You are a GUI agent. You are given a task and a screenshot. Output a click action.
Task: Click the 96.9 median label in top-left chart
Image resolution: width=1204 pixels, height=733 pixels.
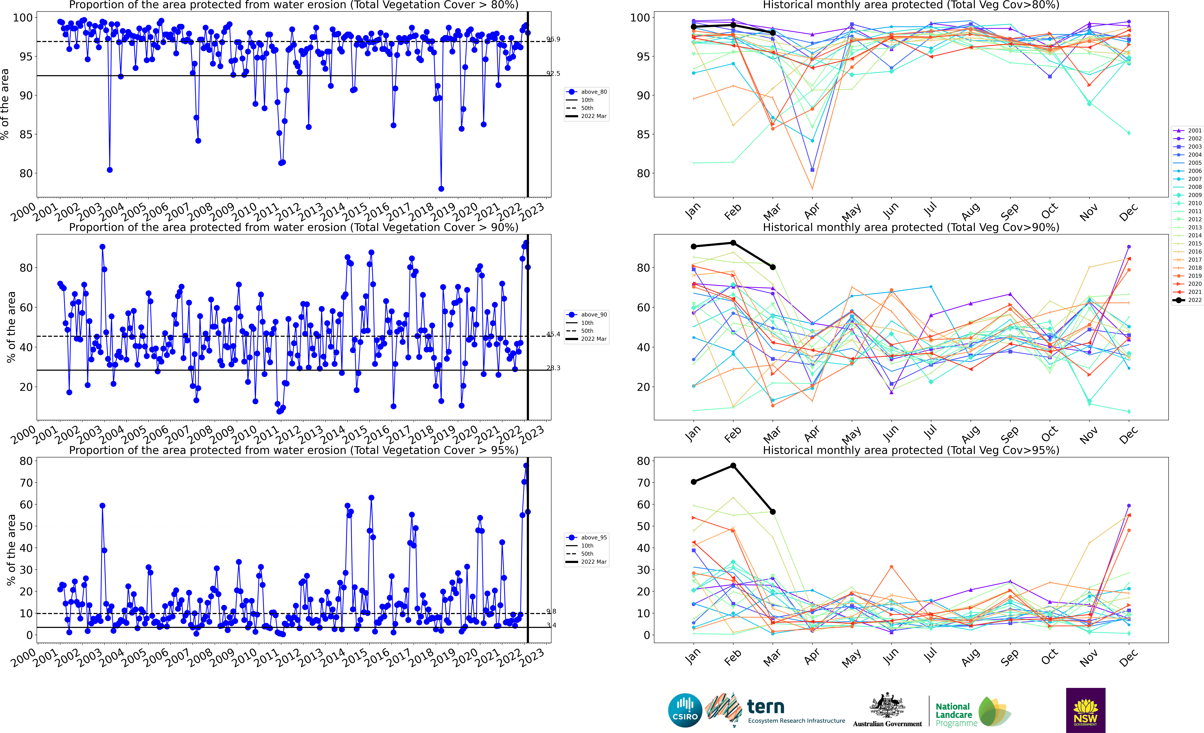tap(553, 39)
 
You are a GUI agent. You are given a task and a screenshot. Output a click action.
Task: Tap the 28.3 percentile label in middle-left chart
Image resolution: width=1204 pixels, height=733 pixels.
tap(553, 368)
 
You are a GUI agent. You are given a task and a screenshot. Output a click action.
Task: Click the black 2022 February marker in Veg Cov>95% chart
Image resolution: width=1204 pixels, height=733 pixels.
tap(733, 466)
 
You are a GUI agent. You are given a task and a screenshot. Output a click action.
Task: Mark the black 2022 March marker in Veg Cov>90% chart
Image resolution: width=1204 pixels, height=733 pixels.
tap(773, 267)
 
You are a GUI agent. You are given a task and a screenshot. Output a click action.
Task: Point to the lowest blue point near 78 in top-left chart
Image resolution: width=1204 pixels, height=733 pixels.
tap(441, 189)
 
